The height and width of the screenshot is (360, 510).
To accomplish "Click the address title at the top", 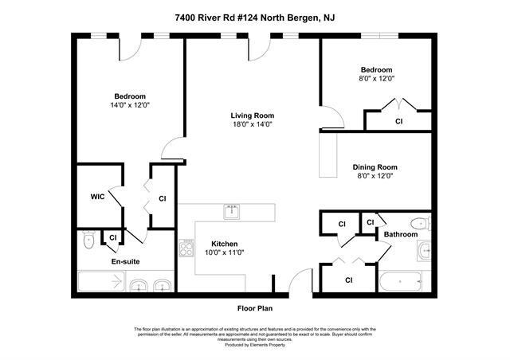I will (x=254, y=16).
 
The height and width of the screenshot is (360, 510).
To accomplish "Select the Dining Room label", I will (x=375, y=166).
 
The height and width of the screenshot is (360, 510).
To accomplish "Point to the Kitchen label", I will (x=224, y=244).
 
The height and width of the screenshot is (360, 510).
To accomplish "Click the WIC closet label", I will (x=97, y=196).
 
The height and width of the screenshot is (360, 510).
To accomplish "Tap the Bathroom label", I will (x=400, y=234).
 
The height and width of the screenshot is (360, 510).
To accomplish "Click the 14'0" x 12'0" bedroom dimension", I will (x=130, y=105).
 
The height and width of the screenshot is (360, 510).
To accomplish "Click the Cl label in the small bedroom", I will (x=398, y=122).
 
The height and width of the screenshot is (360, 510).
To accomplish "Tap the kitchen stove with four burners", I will (x=188, y=247).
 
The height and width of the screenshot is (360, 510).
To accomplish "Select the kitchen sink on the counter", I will (x=232, y=211).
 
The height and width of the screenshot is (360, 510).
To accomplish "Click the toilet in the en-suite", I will (x=89, y=239).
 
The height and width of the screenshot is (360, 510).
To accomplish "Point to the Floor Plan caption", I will (x=254, y=307).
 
